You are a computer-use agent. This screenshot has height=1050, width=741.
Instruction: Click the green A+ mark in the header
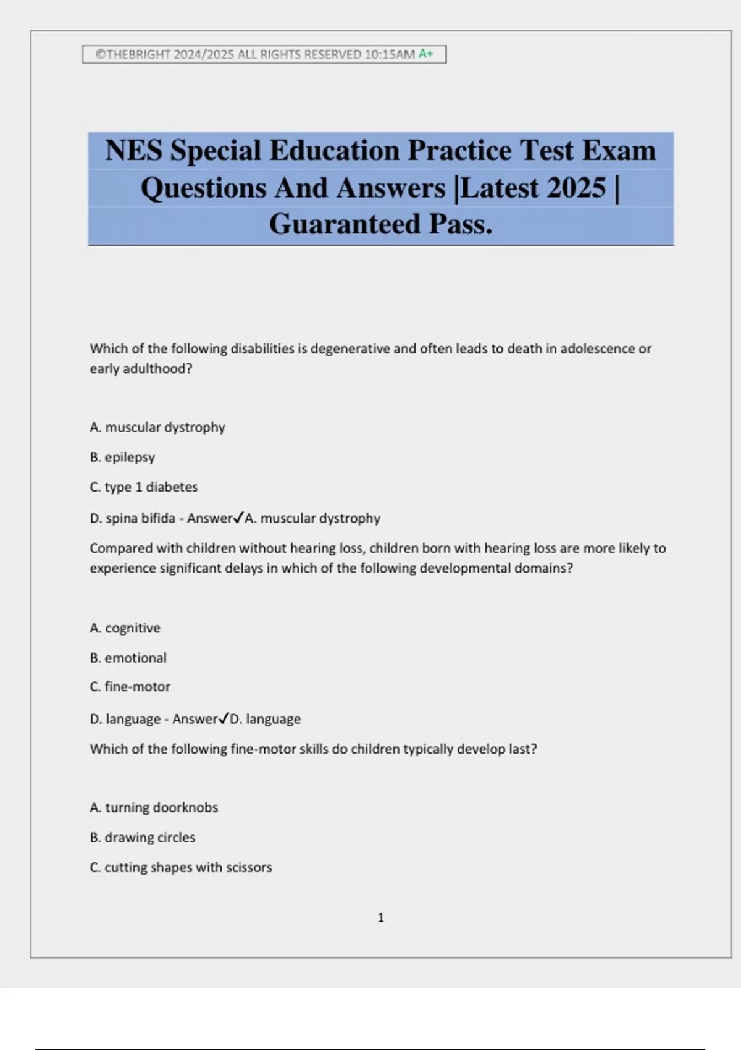click(426, 54)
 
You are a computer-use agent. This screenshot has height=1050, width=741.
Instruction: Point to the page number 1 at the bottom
click(380, 918)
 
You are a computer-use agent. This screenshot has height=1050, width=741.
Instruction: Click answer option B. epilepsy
click(122, 457)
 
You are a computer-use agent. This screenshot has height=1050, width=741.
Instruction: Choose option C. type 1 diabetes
click(143, 487)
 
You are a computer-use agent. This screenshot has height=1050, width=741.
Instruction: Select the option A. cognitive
click(125, 628)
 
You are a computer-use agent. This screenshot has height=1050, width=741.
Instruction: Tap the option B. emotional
click(128, 658)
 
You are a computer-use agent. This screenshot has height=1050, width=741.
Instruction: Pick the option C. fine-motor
click(130, 686)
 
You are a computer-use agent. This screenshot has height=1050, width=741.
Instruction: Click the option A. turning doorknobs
click(154, 807)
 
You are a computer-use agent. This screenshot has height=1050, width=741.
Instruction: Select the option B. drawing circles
click(142, 837)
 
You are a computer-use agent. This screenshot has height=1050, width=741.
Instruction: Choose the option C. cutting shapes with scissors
click(180, 867)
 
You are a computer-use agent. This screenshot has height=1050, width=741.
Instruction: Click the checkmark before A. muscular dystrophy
click(238, 518)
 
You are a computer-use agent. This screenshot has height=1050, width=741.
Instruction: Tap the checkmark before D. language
click(224, 718)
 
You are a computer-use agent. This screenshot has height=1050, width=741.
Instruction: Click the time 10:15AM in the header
click(390, 54)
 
